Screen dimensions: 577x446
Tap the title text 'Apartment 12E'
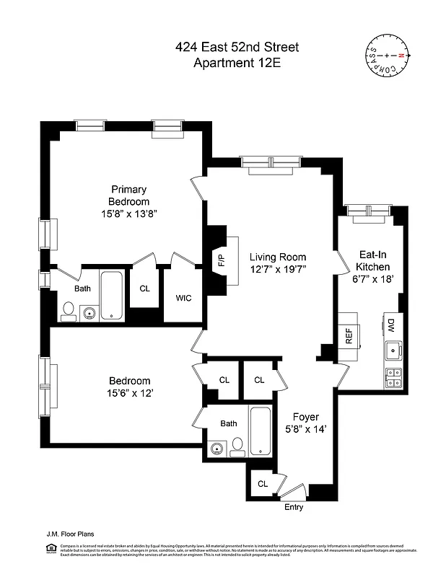coord(237,63)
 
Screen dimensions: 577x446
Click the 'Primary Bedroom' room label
coord(128,195)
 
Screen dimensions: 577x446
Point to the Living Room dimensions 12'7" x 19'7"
coord(278,270)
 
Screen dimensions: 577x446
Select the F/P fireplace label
coord(219,260)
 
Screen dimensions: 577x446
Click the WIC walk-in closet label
coord(183,297)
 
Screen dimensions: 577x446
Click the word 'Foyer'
coord(305,417)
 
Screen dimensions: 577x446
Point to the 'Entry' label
coord(293,507)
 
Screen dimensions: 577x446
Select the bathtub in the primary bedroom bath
coord(111,295)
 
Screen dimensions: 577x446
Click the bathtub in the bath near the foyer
coord(260,429)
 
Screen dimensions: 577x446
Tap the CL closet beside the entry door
coord(263,484)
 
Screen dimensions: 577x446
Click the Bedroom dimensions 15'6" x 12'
coord(130,394)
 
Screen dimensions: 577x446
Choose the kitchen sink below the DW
coord(393,351)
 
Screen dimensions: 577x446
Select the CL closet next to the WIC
coord(144,288)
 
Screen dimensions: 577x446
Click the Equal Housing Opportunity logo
coord(51,549)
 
